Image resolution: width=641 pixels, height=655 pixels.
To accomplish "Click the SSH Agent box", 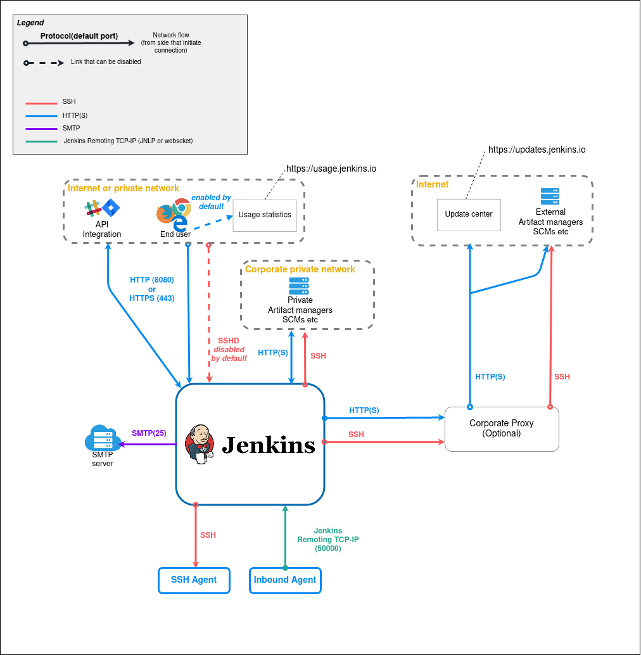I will coord(193,580).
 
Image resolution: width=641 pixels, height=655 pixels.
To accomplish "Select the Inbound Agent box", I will coord(285,580).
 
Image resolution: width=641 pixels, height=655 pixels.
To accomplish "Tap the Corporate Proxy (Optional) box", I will coord(502,428).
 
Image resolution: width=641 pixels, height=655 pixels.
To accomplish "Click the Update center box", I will coord(468,214).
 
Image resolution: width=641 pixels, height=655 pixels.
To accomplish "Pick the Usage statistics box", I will coord(265,215).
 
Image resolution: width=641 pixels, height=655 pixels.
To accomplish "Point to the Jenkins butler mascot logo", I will coord(200,445).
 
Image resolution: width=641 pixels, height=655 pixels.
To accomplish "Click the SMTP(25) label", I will coord(149,433).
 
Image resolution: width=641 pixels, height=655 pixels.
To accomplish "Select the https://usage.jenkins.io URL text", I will coord(331,169).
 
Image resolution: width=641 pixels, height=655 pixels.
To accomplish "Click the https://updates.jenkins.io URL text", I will coord(536,150).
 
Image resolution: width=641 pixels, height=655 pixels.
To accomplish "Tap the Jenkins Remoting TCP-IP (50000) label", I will coord(328,540).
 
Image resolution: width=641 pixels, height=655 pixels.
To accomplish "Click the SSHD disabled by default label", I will coord(229,350).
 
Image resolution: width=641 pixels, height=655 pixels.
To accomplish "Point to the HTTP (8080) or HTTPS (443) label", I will coord(152,289).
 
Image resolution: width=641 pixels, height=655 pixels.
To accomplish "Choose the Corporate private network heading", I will coord(300,269).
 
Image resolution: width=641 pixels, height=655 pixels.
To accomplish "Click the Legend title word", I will coord(30,23).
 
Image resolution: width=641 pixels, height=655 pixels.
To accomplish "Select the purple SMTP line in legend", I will coord(41,129).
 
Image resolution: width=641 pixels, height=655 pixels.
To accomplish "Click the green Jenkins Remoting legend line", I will coord(41,141).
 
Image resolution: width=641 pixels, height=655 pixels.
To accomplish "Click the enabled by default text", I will coord(211,202).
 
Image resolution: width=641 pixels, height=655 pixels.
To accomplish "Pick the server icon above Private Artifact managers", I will coord(299,286).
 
